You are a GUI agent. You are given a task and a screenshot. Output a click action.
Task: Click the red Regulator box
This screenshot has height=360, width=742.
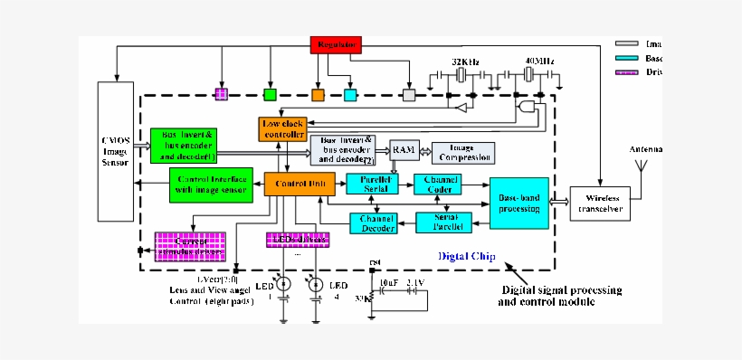[337, 43]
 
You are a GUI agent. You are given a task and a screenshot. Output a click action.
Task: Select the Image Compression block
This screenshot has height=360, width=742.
[463, 152]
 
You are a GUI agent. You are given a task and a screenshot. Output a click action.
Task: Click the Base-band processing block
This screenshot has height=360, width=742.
[519, 203]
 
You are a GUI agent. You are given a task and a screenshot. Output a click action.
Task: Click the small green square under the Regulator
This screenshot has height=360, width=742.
[270, 94]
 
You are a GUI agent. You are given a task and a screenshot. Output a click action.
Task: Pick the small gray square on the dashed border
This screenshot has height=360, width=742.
[409, 94]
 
